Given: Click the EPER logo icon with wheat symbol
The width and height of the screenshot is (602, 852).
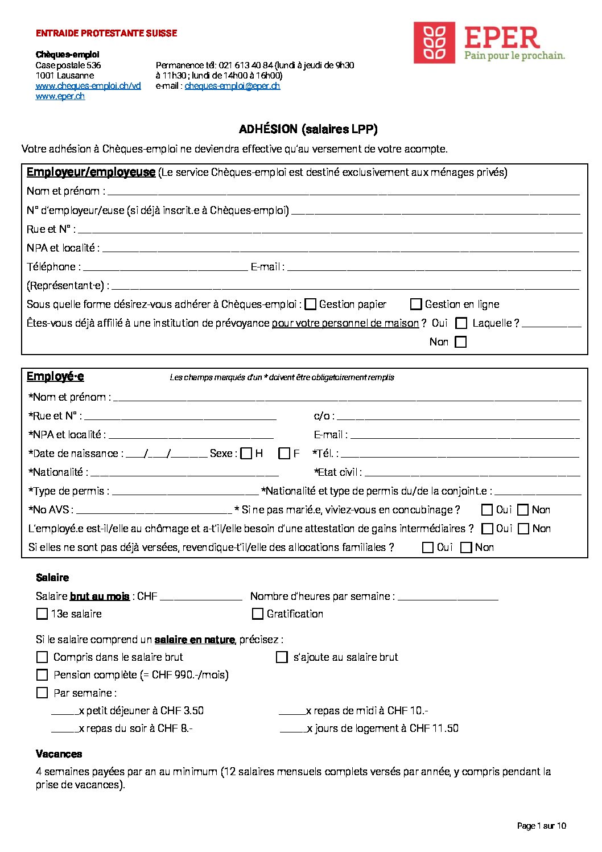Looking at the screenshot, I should [434, 43].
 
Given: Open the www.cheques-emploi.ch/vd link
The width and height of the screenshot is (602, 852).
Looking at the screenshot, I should [88, 86].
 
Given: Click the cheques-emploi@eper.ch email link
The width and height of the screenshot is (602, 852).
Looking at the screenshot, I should [232, 86].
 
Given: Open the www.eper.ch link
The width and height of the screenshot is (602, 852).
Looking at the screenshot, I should [60, 96].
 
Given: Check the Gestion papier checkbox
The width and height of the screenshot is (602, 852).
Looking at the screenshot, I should [311, 304].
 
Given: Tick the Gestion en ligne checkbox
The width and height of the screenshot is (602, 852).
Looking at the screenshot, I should [416, 304].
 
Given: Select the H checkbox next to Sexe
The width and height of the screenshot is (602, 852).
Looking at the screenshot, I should [246, 454].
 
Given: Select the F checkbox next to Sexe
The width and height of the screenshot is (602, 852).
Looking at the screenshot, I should [284, 454].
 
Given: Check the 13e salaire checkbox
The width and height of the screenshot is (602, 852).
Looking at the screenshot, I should [42, 614].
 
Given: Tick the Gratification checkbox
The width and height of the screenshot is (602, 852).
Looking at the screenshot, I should [258, 614].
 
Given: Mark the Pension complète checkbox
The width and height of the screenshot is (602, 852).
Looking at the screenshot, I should [42, 675].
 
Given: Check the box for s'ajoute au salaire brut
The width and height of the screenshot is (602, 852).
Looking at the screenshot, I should [282, 657].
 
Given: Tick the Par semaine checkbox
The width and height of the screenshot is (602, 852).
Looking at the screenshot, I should [42, 693].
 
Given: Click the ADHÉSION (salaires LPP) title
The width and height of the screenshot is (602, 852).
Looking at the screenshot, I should [308, 129].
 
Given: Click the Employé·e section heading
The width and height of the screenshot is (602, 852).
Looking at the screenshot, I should [55, 377].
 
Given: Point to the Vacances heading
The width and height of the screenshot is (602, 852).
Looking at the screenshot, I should [59, 754].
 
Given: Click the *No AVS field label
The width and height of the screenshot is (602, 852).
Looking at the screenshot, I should [51, 510].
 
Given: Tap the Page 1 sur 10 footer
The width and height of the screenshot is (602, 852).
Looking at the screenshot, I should [541, 826].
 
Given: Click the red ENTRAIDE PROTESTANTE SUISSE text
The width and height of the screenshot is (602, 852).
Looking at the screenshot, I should [106, 34].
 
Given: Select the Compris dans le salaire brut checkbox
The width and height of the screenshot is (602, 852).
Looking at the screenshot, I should [42, 657].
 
